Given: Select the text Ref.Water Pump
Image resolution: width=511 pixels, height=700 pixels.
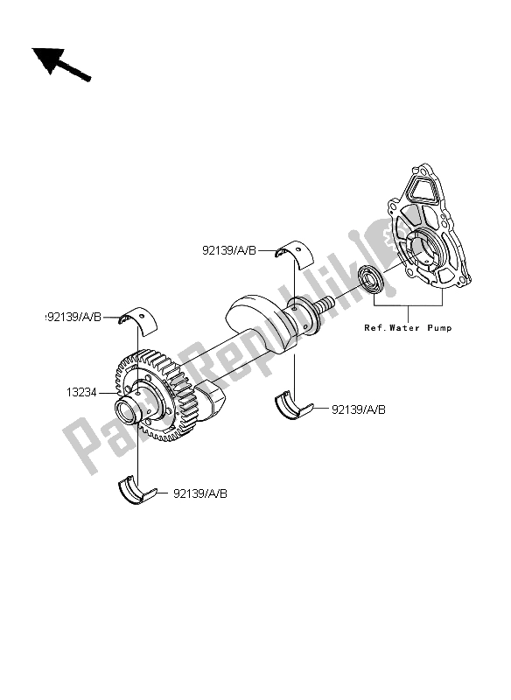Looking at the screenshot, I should (409, 329).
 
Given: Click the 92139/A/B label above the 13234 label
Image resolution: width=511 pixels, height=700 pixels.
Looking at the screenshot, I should (77, 316).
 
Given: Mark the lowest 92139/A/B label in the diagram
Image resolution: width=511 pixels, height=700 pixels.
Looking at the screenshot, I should (200, 494).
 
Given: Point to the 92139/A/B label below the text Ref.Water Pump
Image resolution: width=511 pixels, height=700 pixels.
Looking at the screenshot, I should (358, 409).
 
